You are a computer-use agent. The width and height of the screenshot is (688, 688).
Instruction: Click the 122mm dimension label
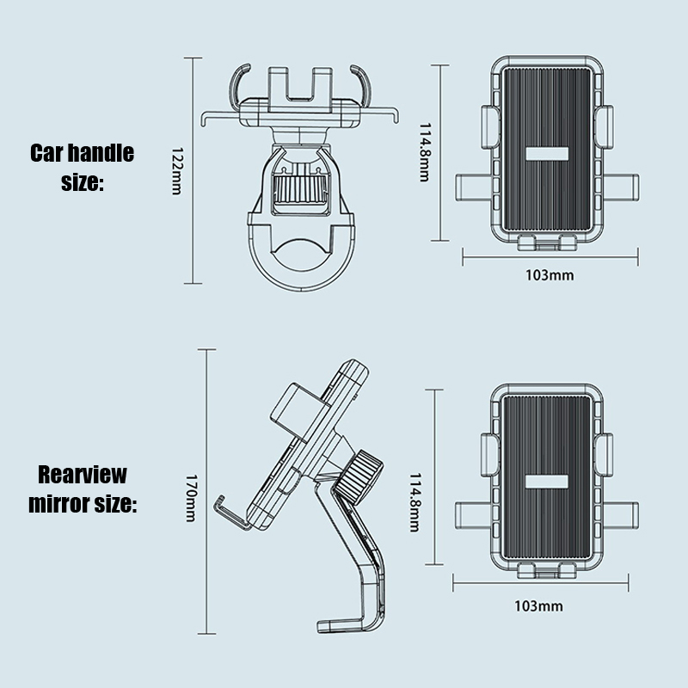coord(175,169)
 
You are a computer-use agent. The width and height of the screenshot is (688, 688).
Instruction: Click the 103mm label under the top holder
coord(549,275)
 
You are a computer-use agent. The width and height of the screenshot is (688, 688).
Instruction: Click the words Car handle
coord(83,154)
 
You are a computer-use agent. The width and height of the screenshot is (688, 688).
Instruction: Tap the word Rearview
coord(83,475)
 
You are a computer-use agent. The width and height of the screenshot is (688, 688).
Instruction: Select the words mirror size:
coord(83,504)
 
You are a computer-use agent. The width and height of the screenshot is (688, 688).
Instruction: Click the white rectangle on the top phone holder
coord(547,155)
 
